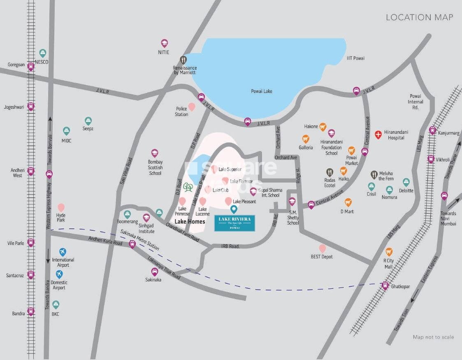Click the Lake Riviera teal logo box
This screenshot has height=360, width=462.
234,223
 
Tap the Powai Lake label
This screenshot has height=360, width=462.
262,91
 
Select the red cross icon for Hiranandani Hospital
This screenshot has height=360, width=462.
378,134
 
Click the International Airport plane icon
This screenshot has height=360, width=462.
63,251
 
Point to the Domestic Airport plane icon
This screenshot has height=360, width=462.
59,274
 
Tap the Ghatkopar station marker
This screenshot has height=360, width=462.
385,285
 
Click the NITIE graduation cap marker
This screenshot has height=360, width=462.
164,43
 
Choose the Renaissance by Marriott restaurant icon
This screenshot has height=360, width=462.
184,60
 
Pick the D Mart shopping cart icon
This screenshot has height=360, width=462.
348,202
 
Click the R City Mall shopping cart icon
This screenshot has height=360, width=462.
389,251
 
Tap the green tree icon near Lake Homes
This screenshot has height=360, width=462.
188,188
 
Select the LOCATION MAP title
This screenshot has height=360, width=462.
419,17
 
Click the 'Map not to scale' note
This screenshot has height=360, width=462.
433,337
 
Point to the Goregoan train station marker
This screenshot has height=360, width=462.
30,66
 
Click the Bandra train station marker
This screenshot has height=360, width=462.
30,311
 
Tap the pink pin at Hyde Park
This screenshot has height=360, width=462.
61,207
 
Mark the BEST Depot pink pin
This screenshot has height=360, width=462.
323,249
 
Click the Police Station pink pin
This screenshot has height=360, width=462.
192,107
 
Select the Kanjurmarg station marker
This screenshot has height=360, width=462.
432,130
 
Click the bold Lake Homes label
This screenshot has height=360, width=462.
190,221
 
